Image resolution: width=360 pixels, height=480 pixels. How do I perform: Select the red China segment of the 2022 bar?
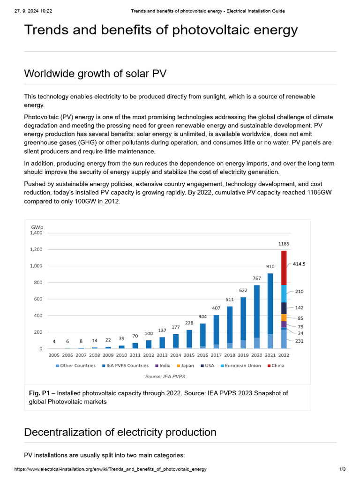(284, 268)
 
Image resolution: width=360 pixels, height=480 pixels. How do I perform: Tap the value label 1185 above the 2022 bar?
(284, 244)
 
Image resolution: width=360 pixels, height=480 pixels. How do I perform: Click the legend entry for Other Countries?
(75, 366)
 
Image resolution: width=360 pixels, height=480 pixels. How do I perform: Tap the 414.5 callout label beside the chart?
(299, 264)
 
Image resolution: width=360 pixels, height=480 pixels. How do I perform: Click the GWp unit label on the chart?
(37, 227)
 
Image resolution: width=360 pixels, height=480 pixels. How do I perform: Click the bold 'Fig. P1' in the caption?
(39, 393)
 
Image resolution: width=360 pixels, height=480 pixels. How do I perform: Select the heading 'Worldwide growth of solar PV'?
(95, 74)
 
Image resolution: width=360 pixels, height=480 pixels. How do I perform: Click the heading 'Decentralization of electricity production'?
(120, 432)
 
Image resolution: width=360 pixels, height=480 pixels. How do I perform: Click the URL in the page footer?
(111, 469)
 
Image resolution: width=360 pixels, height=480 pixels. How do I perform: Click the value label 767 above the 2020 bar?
(256, 278)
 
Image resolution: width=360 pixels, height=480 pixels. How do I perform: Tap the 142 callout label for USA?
(299, 308)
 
